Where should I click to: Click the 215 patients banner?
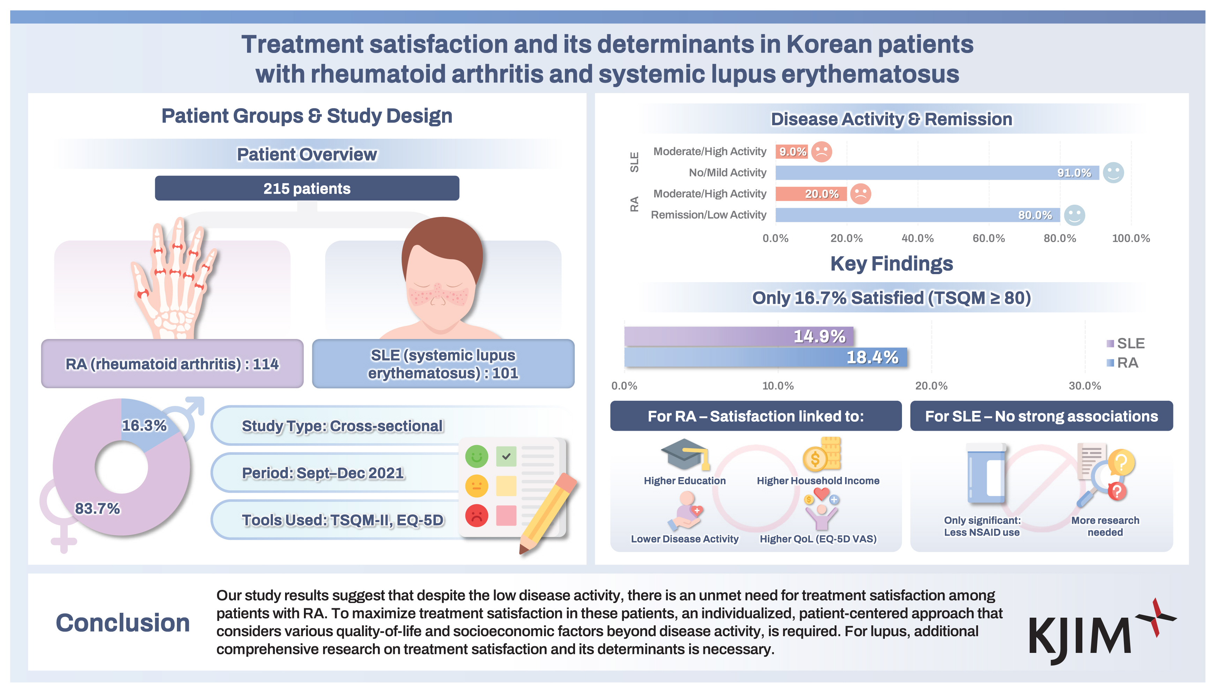307,188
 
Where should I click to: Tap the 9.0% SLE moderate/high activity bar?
791,151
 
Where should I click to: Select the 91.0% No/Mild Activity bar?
937,172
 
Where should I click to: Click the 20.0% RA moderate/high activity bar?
811,194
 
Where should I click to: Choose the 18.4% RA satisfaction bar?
765,357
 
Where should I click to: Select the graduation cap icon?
685,454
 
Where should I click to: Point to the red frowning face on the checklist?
477,515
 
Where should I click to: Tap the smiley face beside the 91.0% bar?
1113,172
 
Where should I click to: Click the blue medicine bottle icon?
986,474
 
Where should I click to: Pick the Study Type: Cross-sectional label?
342,425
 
